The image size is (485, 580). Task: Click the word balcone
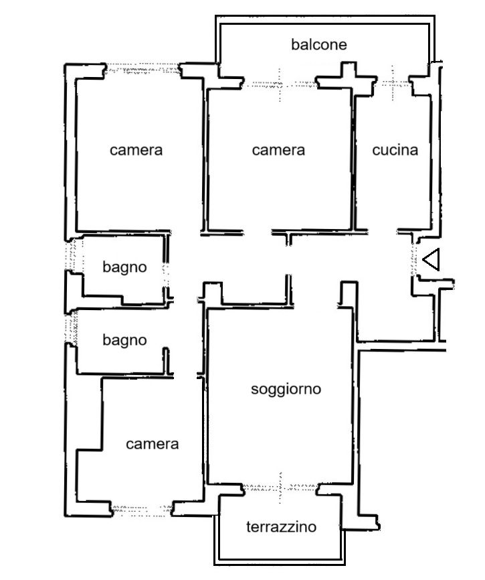(x=319, y=45)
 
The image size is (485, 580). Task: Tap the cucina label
(x=395, y=150)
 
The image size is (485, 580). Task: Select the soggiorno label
(x=286, y=388)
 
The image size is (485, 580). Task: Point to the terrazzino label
(x=281, y=527)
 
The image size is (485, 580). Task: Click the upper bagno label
(x=124, y=267)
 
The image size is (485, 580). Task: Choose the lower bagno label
(x=124, y=340)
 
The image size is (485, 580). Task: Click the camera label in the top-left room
(x=136, y=150)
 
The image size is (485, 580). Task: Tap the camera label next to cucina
(x=278, y=150)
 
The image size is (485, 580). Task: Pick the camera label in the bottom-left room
(x=153, y=443)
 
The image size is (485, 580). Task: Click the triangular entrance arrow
(x=431, y=260)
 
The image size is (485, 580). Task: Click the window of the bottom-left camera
(x=141, y=508)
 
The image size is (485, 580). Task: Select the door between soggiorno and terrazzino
(x=280, y=487)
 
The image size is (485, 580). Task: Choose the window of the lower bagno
(x=69, y=328)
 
